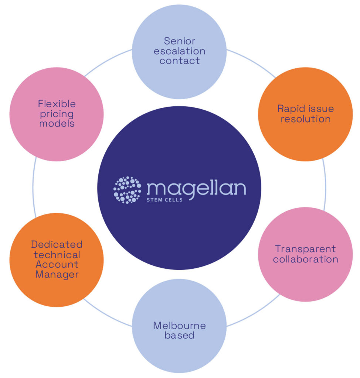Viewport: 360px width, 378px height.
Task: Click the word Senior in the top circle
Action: pos(179,41)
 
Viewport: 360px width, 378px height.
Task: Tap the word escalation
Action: pos(179,51)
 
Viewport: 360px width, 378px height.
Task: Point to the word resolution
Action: pos(305,119)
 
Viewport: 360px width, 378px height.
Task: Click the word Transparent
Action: pos(305,249)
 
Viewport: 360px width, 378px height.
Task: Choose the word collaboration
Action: pos(305,259)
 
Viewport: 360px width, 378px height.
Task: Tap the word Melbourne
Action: pos(179,326)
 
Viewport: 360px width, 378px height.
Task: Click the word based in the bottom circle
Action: pos(179,336)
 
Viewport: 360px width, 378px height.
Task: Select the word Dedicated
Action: pos(57,244)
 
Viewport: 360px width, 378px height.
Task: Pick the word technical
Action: pos(57,254)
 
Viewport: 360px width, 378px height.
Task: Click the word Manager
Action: pos(57,275)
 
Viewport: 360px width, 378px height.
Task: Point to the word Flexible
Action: pos(57,104)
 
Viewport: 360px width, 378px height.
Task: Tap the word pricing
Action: pos(57,114)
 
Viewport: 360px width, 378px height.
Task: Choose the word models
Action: pos(57,124)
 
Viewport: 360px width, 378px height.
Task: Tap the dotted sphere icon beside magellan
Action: pos(127,190)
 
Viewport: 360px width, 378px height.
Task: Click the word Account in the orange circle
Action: pos(57,264)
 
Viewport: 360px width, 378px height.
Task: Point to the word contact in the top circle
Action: pos(179,61)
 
